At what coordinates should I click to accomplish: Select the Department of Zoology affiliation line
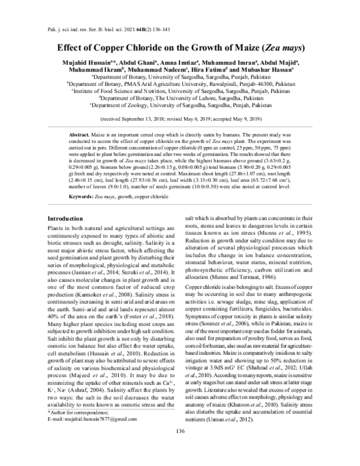pyautogui.click(x=180, y=104)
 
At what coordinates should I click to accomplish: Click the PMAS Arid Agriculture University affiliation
pyautogui.click(x=180, y=85)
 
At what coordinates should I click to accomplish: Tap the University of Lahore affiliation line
pyautogui.click(x=180, y=97)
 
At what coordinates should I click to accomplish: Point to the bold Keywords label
pyautogui.click(x=84, y=197)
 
